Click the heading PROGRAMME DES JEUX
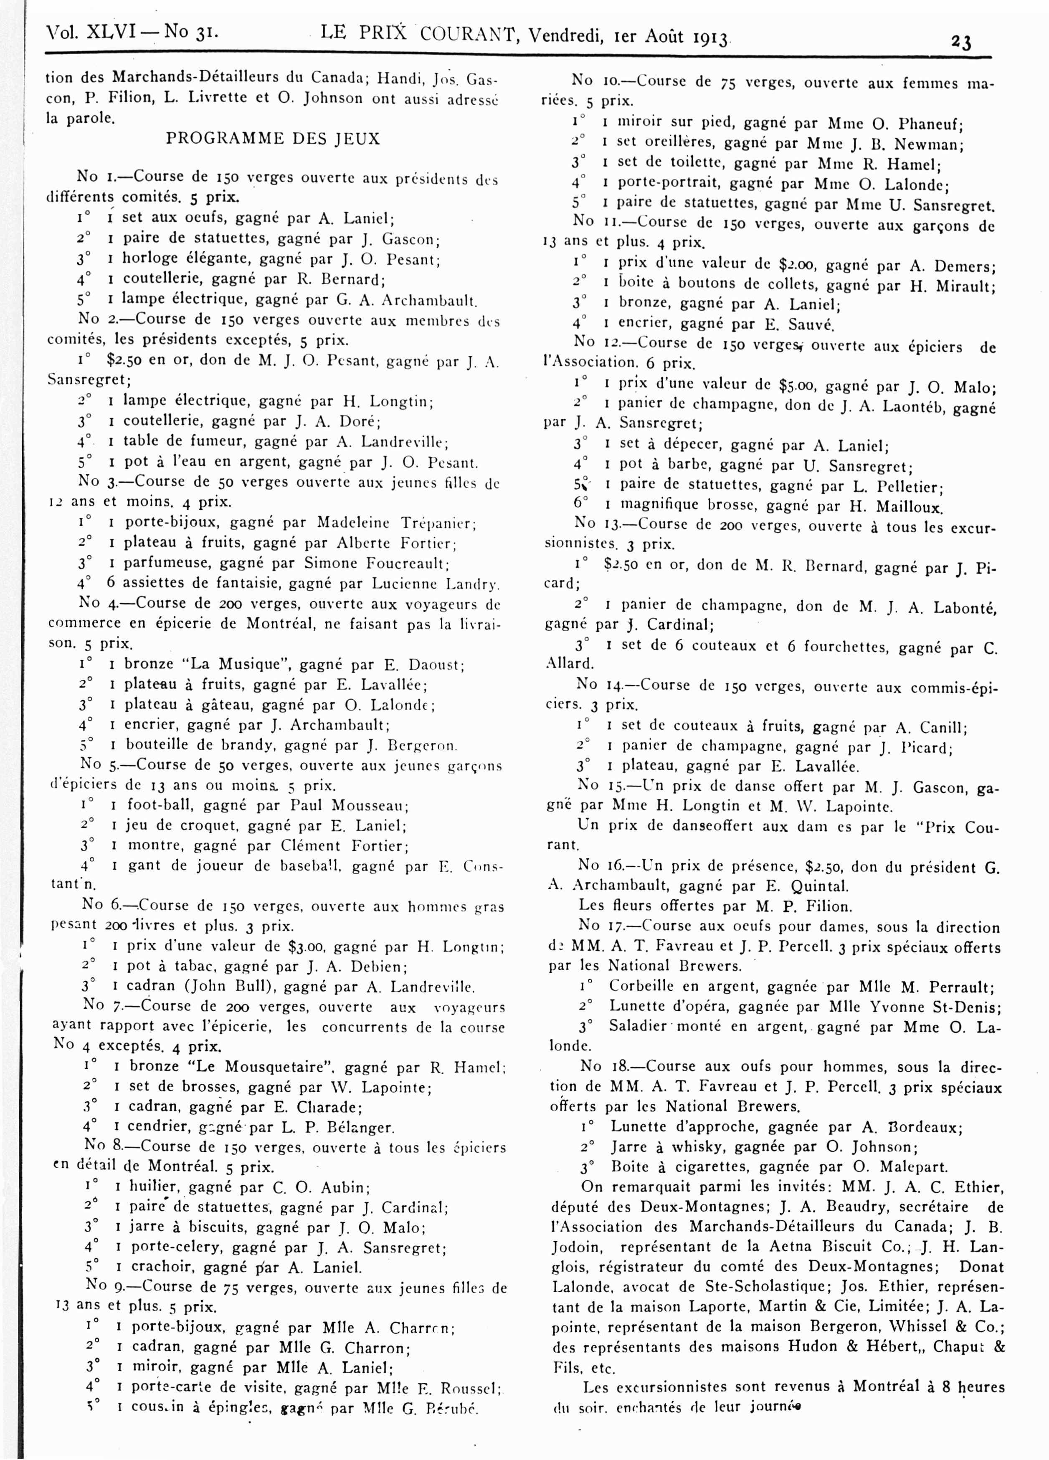click(x=273, y=139)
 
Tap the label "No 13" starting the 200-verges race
click(x=594, y=525)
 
